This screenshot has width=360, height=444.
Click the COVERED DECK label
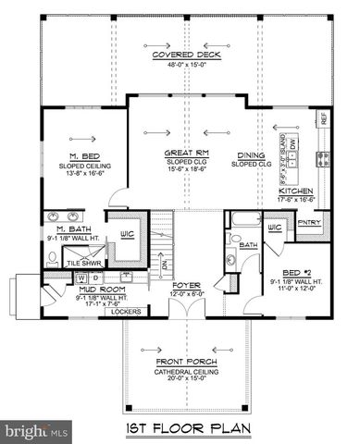point(179,55)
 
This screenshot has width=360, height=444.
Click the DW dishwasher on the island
point(292,170)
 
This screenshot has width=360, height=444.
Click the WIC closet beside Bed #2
point(274,227)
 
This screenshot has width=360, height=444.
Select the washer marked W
point(82,277)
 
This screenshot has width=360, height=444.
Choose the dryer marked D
point(95,277)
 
